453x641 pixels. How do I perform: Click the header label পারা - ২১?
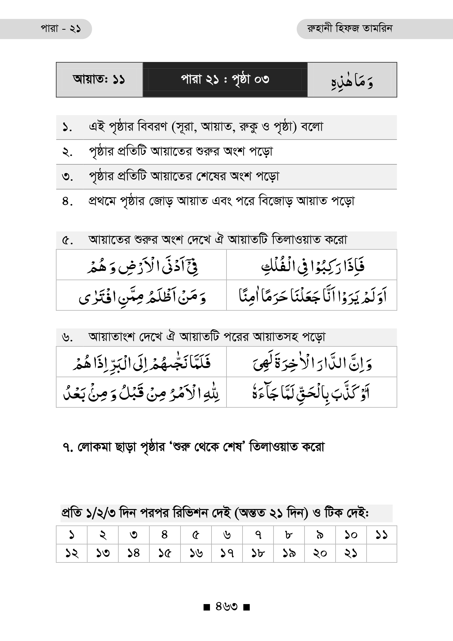pyautogui.click(x=61, y=29)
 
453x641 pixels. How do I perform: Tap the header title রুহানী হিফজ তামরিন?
pyautogui.click(x=349, y=29)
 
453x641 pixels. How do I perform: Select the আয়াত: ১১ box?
pyautogui.click(x=99, y=80)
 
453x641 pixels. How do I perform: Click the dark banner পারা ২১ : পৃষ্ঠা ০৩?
pyautogui.click(x=225, y=80)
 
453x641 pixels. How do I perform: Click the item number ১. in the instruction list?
pyautogui.click(x=67, y=128)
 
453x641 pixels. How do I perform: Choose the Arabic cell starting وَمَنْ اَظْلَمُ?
pyautogui.click(x=141, y=296)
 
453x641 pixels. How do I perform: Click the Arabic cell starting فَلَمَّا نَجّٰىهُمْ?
pyautogui.click(x=141, y=362)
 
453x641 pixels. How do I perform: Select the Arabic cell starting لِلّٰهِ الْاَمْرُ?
pyautogui.click(x=141, y=393)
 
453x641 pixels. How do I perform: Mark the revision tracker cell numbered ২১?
pyautogui.click(x=350, y=553)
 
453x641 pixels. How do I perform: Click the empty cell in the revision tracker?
pyautogui.click(x=381, y=553)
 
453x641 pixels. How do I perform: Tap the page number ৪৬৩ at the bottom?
pyautogui.click(x=226, y=606)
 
